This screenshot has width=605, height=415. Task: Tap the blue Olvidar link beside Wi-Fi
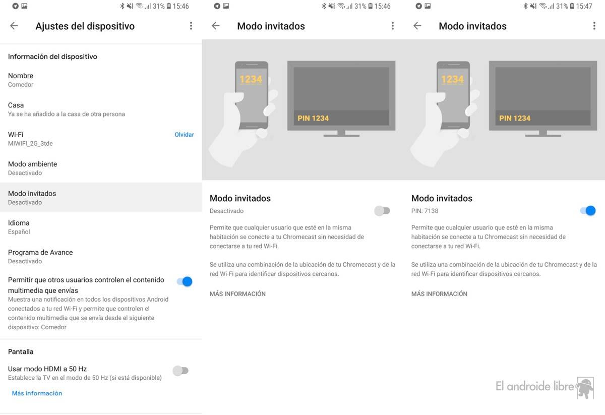(184, 135)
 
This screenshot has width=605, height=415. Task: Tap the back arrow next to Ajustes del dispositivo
(14, 26)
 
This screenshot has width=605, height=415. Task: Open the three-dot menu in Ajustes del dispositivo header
(191, 26)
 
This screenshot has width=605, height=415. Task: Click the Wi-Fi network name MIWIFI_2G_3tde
(30, 144)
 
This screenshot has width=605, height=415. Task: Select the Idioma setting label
(19, 223)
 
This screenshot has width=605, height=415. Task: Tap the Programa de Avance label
(40, 252)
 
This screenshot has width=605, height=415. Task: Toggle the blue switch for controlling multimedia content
(185, 281)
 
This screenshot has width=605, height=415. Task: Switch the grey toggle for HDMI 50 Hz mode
(180, 371)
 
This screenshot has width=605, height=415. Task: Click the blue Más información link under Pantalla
(37, 393)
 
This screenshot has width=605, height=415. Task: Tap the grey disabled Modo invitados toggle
(382, 211)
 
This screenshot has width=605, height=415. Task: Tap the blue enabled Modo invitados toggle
(588, 211)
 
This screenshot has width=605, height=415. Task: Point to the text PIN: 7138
(425, 211)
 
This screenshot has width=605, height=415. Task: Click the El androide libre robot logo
(585, 388)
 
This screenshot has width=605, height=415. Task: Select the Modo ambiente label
(32, 164)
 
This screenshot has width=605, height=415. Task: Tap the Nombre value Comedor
(21, 85)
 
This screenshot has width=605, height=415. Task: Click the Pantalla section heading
(21, 352)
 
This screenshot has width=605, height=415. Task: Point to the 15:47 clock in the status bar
(584, 6)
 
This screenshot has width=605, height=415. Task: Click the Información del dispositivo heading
(52, 56)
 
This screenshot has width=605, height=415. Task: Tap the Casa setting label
(16, 105)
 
